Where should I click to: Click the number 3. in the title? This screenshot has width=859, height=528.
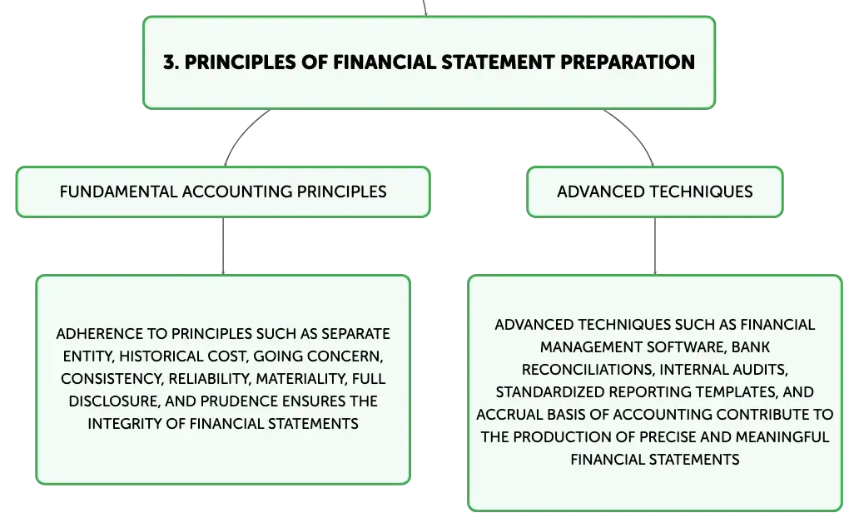[171, 62]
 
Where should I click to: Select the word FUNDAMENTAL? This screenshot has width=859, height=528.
[118, 192]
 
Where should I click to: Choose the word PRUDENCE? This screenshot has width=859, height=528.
[235, 401]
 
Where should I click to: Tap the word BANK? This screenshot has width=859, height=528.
[751, 347]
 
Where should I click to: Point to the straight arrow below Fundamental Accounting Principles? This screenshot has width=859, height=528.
[223, 247]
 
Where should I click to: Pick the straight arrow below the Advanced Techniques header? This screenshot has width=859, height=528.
[655, 247]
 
